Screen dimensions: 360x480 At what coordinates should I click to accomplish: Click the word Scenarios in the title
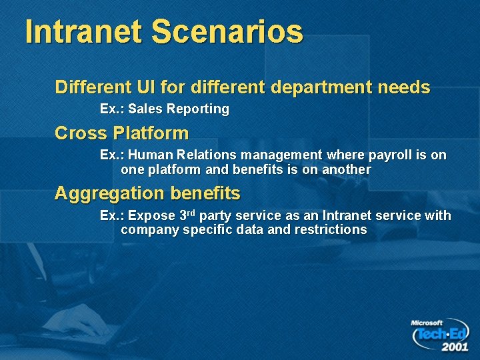[x=227, y=31]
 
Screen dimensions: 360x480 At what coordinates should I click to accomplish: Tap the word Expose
[x=153, y=216]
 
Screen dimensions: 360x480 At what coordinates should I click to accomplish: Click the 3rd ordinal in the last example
[x=189, y=215]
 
